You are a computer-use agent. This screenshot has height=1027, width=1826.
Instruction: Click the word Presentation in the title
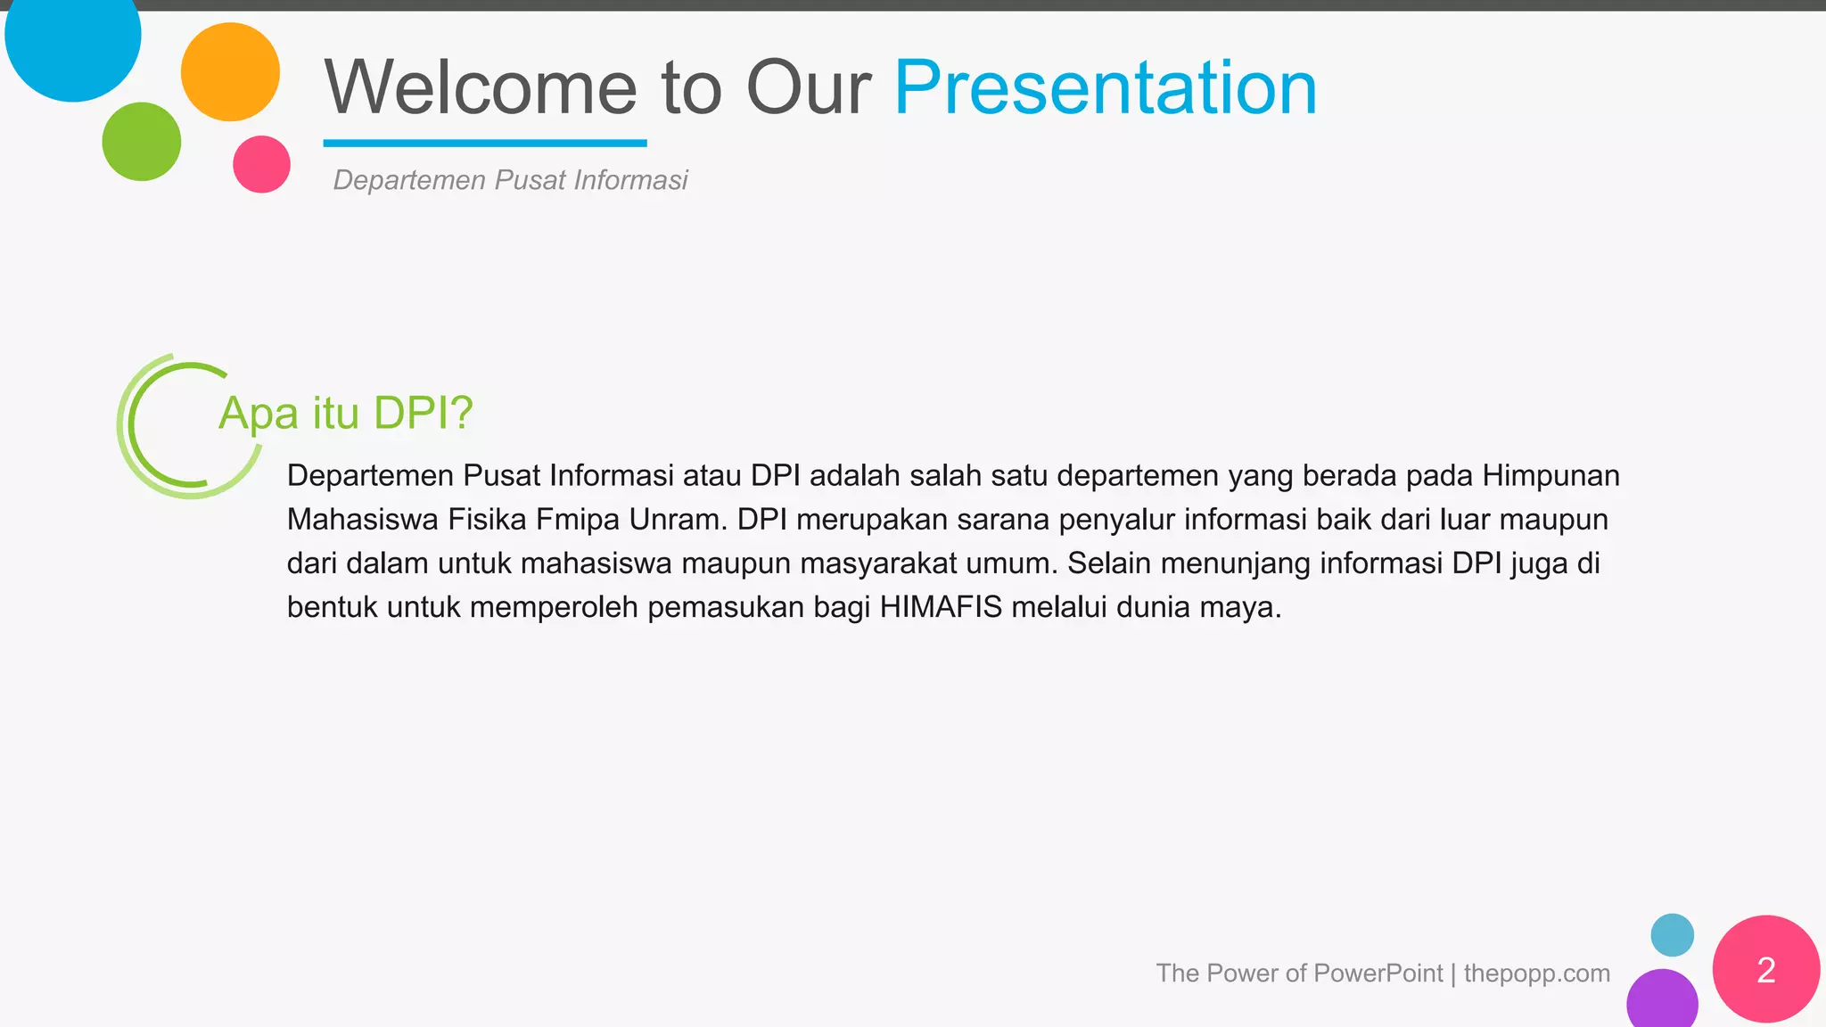point(1105,87)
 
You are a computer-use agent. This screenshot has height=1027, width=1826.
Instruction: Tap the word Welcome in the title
point(480,87)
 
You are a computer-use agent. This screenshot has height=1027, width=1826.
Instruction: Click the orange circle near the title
point(230,72)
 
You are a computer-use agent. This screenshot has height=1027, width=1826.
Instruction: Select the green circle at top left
point(141,142)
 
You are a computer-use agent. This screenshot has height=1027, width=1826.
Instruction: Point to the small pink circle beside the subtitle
point(261,164)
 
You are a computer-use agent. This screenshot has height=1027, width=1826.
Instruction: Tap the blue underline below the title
point(484,143)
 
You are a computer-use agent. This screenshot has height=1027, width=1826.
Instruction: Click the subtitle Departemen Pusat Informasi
point(510,180)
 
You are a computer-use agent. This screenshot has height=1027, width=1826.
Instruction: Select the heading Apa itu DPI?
point(345,413)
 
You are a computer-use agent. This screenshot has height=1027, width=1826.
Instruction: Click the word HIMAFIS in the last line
point(941,607)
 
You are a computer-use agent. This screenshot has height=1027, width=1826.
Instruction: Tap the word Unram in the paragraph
point(678,519)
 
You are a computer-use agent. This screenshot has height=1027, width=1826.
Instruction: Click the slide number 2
point(1765,970)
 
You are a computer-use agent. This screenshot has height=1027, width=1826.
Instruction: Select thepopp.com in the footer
point(1536,973)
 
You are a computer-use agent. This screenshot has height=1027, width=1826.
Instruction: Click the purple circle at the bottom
point(1662,1001)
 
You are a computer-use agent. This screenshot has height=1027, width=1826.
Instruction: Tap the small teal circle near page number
point(1672,935)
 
